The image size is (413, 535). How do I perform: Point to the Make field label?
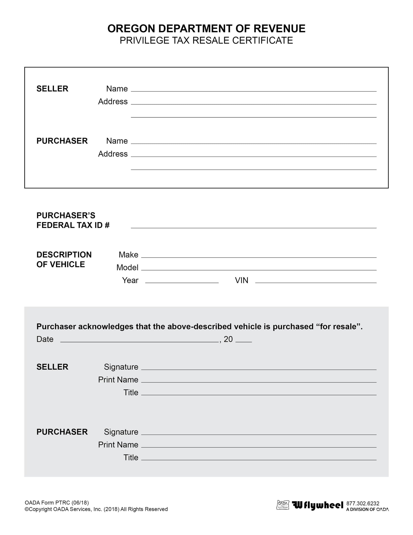[128, 255]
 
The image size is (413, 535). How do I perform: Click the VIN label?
[241, 280]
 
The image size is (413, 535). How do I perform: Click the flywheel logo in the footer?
[317, 505]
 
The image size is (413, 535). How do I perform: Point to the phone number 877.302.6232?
[363, 503]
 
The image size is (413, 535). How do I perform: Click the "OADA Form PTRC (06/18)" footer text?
[57, 502]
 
